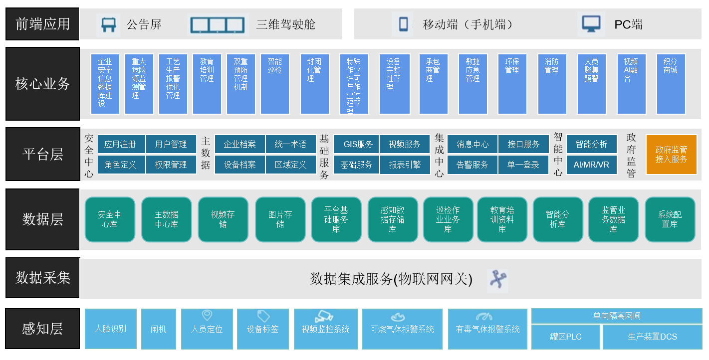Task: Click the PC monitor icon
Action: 591,24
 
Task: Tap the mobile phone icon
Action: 403,24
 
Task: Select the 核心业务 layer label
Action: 42,84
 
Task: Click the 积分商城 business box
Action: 671,84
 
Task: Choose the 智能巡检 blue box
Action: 274,84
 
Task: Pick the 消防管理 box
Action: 552,84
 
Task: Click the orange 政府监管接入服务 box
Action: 671,154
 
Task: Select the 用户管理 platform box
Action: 171,144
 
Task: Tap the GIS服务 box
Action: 358,144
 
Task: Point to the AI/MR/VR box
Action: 591,165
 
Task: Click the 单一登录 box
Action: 523,165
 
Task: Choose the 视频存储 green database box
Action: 223,219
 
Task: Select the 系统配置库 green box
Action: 670,219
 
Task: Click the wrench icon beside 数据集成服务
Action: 497,280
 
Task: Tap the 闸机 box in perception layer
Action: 159,329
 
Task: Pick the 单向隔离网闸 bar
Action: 616,316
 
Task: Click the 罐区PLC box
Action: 566,337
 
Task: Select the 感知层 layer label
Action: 42,329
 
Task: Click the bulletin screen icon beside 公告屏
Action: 108,24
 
